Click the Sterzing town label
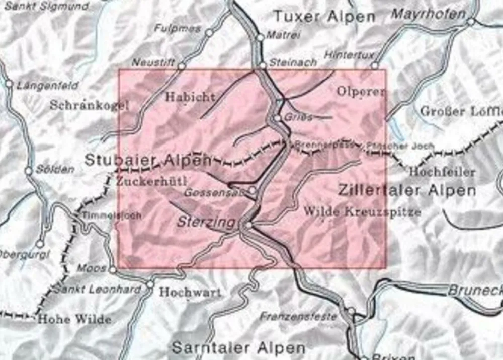click(206, 222)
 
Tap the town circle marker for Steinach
click(263, 65)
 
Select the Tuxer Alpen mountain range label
click(324, 16)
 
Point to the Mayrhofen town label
click(428, 14)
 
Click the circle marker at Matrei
click(260, 37)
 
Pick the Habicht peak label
click(190, 97)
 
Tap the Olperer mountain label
click(360, 92)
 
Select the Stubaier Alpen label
click(148, 160)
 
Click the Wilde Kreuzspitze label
click(362, 211)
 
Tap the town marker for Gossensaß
click(253, 190)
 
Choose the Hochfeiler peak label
click(442, 172)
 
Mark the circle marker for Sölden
click(29, 170)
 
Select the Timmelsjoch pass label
click(112, 215)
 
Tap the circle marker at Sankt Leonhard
click(149, 285)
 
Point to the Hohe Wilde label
click(74, 319)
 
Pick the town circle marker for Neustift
click(182, 66)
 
